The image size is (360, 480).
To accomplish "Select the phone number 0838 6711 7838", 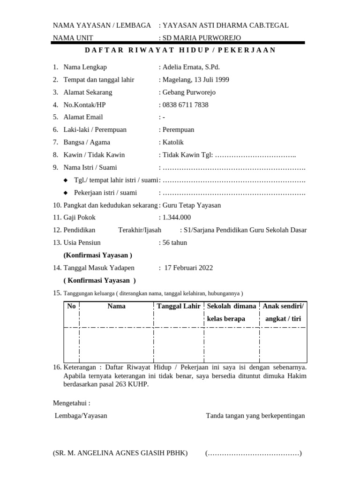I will click(185, 105).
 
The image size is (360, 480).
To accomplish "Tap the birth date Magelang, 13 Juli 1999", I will click(195, 80).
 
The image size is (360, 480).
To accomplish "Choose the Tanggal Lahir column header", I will click(179, 306).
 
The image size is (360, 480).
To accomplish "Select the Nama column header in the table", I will click(116, 306).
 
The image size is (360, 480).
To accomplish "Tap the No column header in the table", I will click(71, 306).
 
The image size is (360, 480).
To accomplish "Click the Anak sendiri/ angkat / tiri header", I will click(283, 312).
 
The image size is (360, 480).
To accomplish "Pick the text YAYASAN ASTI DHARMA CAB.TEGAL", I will click(225, 25).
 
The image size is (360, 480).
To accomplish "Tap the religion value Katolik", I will click(173, 142).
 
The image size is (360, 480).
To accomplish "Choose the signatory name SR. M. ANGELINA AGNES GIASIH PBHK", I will click(120, 453).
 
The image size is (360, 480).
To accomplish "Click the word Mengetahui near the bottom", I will click(71, 403).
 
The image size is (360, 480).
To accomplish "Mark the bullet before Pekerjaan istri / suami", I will click(66, 193).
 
